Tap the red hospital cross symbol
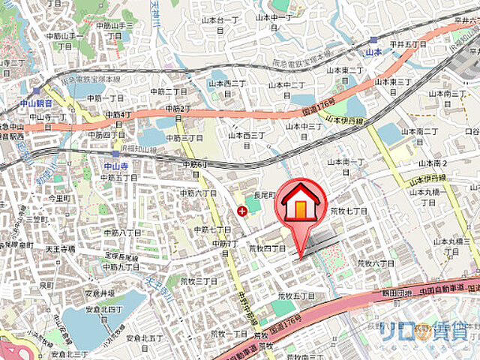241,211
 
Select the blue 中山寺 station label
113,166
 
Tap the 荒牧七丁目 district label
349,211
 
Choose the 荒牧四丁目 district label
268,247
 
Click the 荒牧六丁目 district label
375,264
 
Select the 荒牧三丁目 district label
199,281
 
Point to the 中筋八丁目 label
121,232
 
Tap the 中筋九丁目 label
120,266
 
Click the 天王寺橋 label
58,247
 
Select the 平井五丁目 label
407,45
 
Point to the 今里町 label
58,199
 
